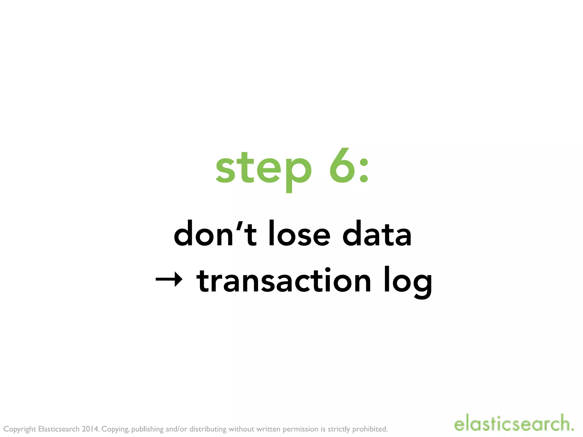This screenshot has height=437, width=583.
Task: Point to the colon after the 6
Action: pos(364,171)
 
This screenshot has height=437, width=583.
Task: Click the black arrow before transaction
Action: pos(169,279)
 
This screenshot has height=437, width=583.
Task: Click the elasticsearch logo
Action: pos(514,423)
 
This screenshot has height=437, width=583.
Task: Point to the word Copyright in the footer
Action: pos(20,429)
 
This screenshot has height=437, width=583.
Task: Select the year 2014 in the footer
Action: pos(90,429)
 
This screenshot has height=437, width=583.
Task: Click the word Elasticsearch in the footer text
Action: pos(59,429)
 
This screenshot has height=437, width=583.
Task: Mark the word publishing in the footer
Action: pos(147,429)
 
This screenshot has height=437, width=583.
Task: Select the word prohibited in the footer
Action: pos(370,429)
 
